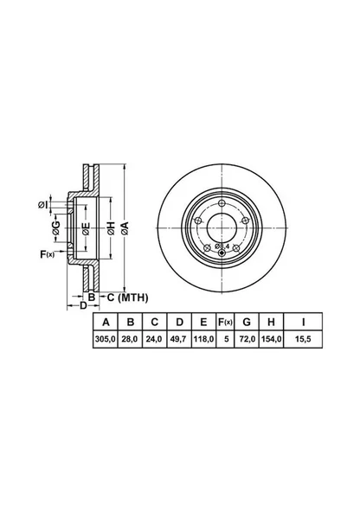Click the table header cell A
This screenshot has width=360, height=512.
[x=106, y=323]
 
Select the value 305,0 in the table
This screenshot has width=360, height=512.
[x=106, y=339]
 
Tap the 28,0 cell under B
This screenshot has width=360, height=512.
[x=130, y=339]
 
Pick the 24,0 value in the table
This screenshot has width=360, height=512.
[x=154, y=339]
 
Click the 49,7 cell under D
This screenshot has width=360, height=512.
[x=179, y=339]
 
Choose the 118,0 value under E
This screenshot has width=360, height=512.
[x=204, y=339]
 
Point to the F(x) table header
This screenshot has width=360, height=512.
[x=225, y=323]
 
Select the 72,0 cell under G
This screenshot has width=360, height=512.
[x=247, y=339]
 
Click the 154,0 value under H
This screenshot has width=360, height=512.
[x=271, y=339]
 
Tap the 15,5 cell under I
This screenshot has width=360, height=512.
[x=303, y=339]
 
